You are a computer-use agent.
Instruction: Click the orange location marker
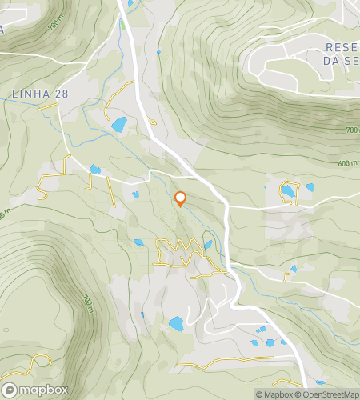[180, 199]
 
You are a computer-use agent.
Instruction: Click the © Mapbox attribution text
[274, 394]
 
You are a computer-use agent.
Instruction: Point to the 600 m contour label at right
[346, 164]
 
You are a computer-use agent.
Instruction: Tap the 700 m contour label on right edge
[351, 130]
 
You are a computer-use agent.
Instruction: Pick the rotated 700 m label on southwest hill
[88, 304]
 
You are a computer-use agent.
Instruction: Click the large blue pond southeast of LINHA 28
[118, 124]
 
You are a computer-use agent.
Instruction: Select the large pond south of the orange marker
[175, 324]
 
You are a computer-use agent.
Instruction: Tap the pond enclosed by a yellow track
[287, 191]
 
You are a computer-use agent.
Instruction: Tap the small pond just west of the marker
[134, 194]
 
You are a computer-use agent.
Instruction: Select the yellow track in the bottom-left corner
[24, 366]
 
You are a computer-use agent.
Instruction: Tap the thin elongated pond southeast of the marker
[208, 245]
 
